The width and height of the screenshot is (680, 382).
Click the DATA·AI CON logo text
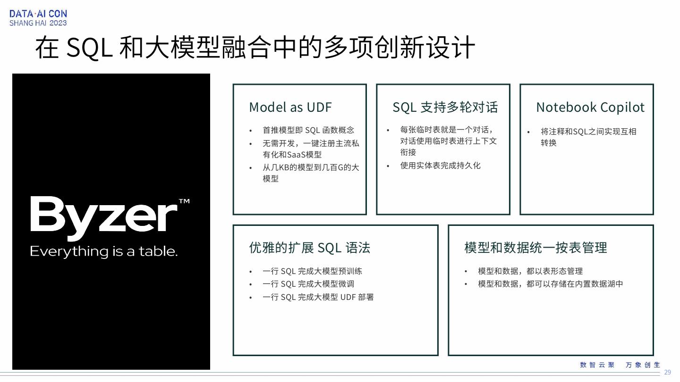38,14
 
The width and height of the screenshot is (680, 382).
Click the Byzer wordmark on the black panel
104,215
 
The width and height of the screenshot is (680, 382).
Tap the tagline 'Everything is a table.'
104,251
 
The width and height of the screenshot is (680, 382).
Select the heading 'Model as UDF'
290,108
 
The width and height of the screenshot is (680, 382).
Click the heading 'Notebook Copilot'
590,108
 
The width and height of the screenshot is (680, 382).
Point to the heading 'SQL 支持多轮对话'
445,108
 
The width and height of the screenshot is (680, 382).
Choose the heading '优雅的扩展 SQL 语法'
310,248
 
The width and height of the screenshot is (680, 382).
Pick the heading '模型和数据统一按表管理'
535,248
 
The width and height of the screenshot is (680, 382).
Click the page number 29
667,373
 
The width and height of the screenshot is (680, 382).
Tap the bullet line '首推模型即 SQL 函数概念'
308,130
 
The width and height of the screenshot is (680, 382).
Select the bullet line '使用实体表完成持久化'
440,166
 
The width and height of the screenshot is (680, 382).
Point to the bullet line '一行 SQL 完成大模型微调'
308,284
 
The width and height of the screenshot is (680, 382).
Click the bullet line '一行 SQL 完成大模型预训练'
312,271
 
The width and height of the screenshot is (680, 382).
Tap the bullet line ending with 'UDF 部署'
318,297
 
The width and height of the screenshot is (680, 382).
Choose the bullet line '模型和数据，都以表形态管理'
530,271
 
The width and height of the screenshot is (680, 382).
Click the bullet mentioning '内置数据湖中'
551,284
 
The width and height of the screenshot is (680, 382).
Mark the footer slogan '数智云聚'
597,365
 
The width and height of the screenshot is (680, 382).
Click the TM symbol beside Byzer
184,201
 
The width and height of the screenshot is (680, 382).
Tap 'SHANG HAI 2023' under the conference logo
38,23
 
